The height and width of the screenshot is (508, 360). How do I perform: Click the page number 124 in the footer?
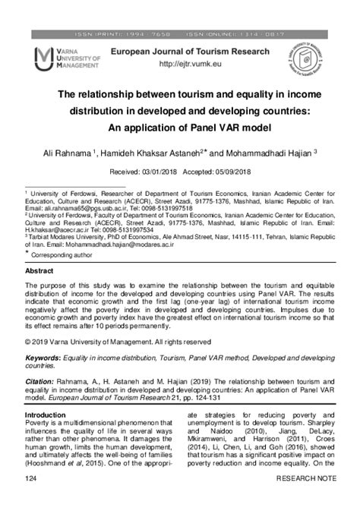[x=32, y=499]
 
